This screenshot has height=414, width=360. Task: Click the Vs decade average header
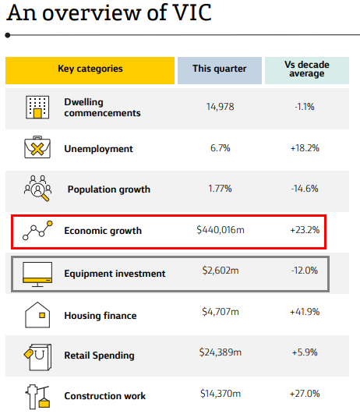307,70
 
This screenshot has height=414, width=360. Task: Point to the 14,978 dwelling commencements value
220,107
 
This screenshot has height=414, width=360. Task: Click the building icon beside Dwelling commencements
37,107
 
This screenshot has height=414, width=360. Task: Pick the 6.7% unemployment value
220,148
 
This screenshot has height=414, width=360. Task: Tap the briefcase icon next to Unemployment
37,147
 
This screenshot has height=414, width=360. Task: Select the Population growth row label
109,189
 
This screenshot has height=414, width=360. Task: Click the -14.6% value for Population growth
305,189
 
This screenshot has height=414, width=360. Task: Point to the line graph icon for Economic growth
37,231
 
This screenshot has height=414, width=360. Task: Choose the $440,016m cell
221,230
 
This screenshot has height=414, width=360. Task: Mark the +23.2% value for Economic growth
305,230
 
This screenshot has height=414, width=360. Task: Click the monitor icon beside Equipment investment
37,274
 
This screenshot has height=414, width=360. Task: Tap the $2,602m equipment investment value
221,271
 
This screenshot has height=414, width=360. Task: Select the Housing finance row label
101,316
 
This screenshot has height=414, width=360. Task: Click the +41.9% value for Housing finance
305,312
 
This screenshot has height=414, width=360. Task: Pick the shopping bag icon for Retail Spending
37,357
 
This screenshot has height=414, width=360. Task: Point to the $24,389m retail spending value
221,352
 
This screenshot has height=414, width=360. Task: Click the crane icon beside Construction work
37,397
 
